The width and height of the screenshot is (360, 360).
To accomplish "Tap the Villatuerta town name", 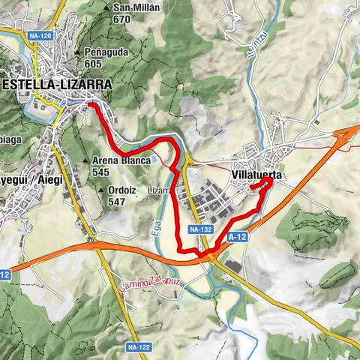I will tap(257, 174).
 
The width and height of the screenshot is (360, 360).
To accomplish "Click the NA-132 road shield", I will tap(200, 229).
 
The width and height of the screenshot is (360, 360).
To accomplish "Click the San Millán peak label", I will tap(138, 9).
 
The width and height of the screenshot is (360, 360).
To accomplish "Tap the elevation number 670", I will tap(122, 19).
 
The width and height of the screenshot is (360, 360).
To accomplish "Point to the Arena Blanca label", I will tap(121, 160).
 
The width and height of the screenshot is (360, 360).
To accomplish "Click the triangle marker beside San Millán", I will tap(108, 9).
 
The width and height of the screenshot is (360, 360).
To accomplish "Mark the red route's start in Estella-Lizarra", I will tap(91, 106).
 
